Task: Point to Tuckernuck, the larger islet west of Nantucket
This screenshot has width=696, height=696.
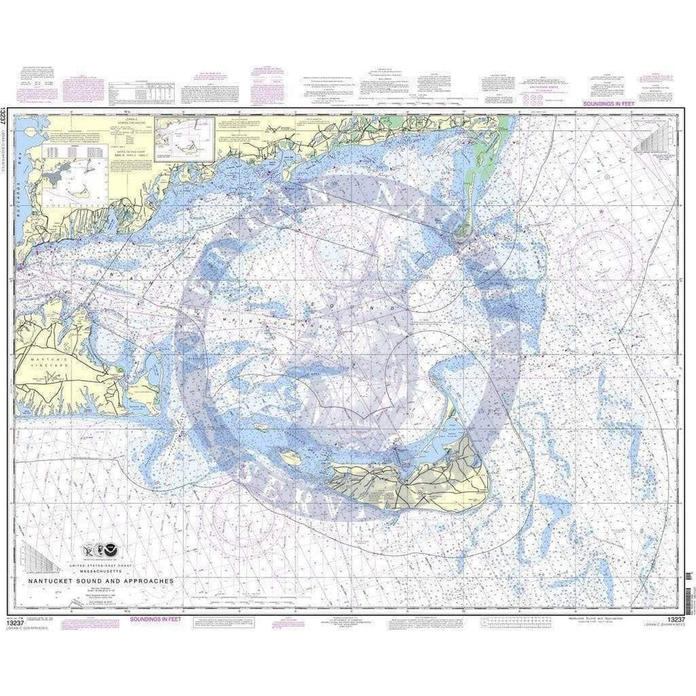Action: click(290, 458)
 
